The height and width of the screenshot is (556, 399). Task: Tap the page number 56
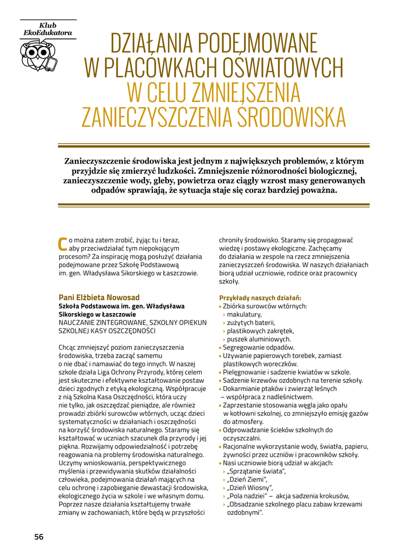38,536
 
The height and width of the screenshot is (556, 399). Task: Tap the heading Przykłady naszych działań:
260,298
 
